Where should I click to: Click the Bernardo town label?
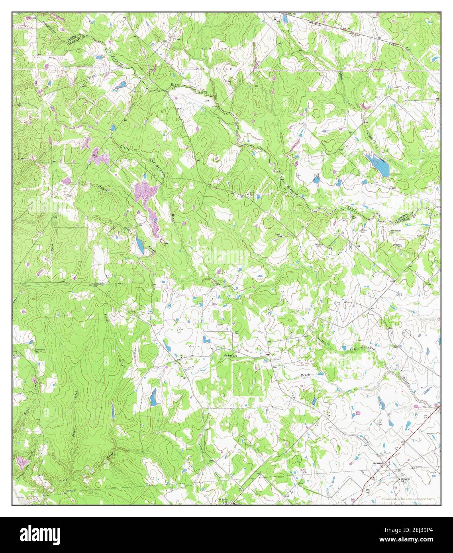click(377, 463)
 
